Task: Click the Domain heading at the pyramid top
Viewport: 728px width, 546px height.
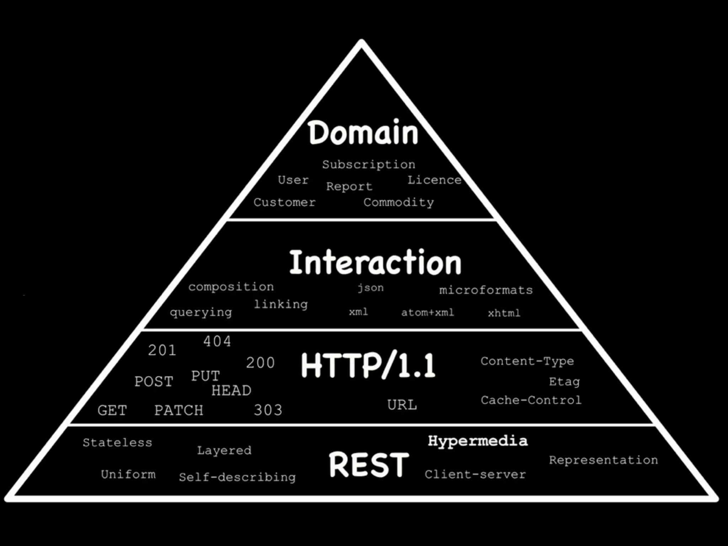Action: [x=363, y=133]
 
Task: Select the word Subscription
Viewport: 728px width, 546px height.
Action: [x=369, y=165]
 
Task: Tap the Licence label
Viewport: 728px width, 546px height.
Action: [x=434, y=180]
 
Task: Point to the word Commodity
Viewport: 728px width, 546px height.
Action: [x=398, y=202]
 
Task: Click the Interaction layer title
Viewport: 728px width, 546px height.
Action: [x=375, y=262]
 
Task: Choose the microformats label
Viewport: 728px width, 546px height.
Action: [x=486, y=290]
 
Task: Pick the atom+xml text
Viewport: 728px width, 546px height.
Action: [x=428, y=312]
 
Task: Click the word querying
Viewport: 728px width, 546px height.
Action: [x=201, y=312]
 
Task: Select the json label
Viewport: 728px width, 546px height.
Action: [x=370, y=287]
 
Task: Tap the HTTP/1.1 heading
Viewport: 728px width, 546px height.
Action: [x=368, y=365]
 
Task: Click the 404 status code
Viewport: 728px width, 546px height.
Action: [x=217, y=341]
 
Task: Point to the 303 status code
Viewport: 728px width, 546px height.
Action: [x=268, y=410]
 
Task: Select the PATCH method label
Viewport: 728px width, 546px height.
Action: [x=179, y=410]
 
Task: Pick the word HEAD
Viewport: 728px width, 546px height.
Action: [x=231, y=390]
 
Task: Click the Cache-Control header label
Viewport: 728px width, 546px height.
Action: [x=531, y=400]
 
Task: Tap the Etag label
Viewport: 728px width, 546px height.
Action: [x=564, y=382]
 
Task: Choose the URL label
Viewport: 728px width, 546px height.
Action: [x=402, y=405]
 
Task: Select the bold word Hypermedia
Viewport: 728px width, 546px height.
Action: [x=478, y=441]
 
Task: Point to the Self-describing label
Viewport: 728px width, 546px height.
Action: [x=237, y=477]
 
